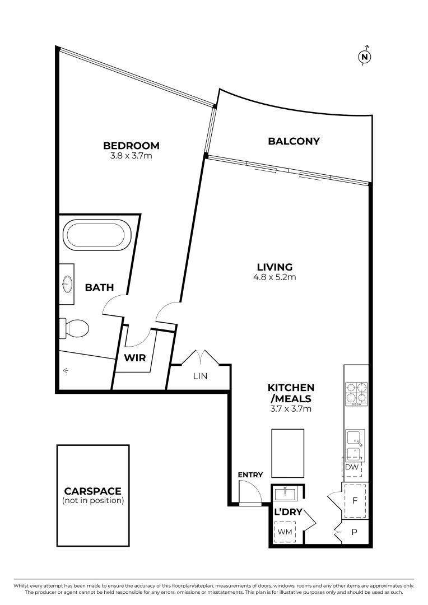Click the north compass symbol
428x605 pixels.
tap(365, 56)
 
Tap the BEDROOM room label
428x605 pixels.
tap(131, 146)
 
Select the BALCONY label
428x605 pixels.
tap(294, 141)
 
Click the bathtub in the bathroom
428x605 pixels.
tap(97, 234)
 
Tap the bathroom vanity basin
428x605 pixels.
tap(67, 284)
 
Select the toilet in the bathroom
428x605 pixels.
tap(75, 328)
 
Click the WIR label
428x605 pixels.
tap(135, 357)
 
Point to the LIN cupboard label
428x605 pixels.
tap(200, 376)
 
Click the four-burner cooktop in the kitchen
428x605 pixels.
tap(356, 393)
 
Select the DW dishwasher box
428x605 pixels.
tap(352, 467)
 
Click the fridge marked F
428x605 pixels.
tap(355, 500)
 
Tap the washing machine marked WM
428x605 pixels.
tap(285, 532)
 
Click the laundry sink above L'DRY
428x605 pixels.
tap(286, 494)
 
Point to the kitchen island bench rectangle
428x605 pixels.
tap(287, 453)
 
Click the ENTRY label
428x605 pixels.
tap(250, 474)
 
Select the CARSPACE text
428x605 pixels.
tap(93, 491)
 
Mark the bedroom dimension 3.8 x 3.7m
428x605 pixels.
tap(131, 156)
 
